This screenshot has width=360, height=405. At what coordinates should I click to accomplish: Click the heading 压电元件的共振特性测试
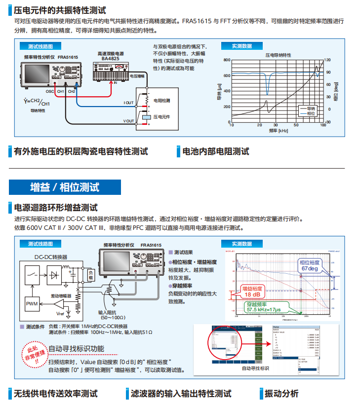60,9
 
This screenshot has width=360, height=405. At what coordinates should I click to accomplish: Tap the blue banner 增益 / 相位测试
64,187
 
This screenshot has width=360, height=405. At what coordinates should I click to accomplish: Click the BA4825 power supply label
110,58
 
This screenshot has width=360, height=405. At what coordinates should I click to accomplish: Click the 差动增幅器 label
61,295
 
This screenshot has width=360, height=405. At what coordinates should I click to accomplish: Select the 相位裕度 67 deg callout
310,265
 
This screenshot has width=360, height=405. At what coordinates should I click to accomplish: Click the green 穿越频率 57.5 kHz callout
264,308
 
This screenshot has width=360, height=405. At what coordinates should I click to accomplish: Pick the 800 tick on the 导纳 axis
227,60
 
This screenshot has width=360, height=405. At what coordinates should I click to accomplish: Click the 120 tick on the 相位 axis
328,60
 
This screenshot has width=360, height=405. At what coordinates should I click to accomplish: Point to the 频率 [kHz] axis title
279,131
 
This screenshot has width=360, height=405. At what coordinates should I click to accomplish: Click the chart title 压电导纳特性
278,55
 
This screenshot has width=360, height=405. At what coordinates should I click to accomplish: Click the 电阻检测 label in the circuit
161,100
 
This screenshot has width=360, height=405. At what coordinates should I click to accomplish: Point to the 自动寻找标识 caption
255,368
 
